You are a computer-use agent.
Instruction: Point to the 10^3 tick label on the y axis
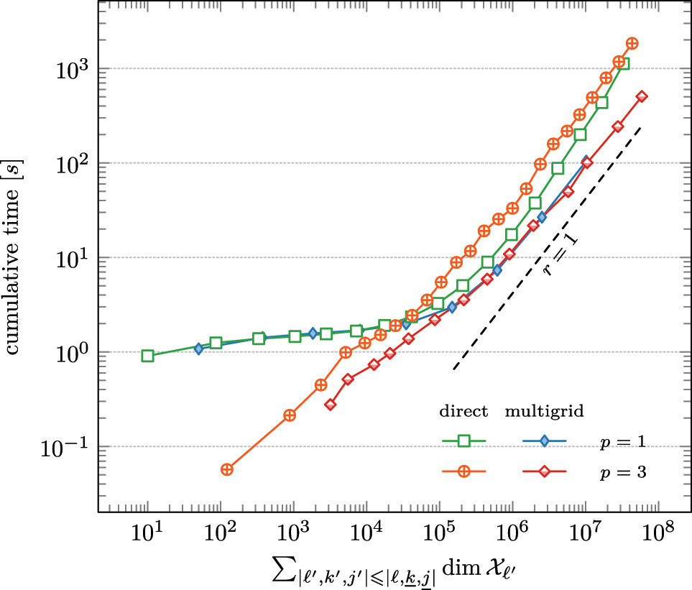[x=72, y=69]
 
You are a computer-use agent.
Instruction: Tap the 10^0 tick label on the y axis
[x=72, y=353]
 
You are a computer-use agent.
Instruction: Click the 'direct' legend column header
[x=463, y=412]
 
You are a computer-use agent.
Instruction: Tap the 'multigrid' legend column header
[x=543, y=412]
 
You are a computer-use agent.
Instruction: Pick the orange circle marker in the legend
[x=464, y=471]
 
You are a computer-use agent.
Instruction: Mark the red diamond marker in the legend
[x=544, y=471]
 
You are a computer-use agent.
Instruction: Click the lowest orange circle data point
[x=227, y=469]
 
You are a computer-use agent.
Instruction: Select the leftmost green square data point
[x=147, y=356]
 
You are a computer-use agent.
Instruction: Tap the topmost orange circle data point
[x=632, y=44]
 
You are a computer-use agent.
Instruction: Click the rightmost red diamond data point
[x=642, y=96]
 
